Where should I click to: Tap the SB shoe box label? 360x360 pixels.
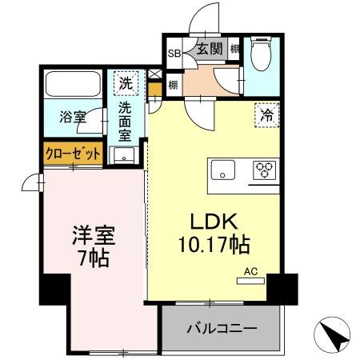(174, 54)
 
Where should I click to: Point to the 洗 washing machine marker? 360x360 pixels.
(125, 82)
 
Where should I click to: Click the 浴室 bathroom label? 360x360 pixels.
(73, 117)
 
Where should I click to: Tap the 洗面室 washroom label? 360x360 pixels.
(126, 120)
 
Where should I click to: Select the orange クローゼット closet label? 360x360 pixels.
(73, 152)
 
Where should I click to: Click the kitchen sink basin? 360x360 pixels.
(223, 170)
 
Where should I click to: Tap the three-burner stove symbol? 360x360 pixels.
(265, 169)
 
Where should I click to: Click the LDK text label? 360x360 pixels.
(211, 219)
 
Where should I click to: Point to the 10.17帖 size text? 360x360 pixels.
(211, 242)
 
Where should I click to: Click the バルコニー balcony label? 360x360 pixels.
(222, 329)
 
